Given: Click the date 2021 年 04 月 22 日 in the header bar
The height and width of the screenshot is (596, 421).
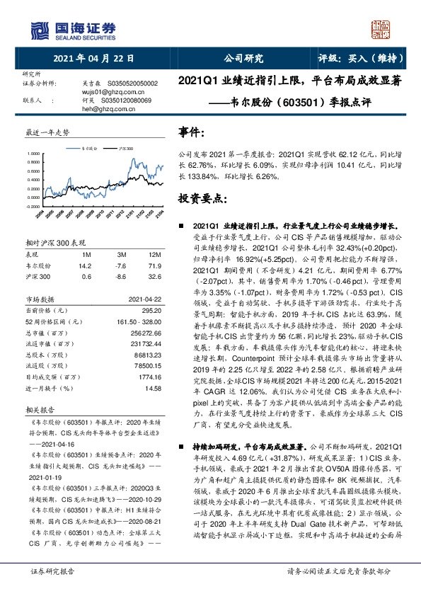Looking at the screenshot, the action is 87,59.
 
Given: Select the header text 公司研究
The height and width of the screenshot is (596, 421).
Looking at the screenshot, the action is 243,59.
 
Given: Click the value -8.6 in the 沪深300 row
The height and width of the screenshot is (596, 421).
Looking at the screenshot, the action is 122,276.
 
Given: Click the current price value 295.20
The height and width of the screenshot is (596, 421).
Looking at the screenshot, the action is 153,309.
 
